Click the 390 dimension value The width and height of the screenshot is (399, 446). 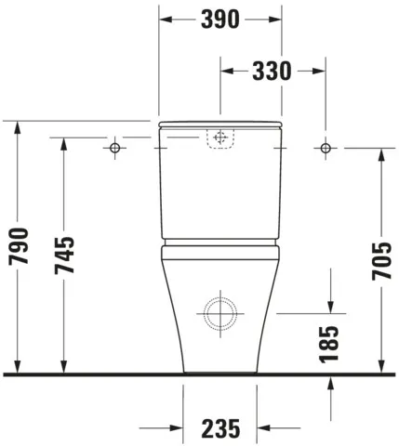(x=220, y=19)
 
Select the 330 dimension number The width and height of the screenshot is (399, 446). (x=272, y=71)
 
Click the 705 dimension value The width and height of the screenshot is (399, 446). (x=381, y=263)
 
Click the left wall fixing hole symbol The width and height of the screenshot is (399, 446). (x=115, y=148)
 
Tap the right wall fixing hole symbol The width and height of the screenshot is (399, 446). (x=326, y=148)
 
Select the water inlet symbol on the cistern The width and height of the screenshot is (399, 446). (x=220, y=138)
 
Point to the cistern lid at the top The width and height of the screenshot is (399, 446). (x=220, y=124)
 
